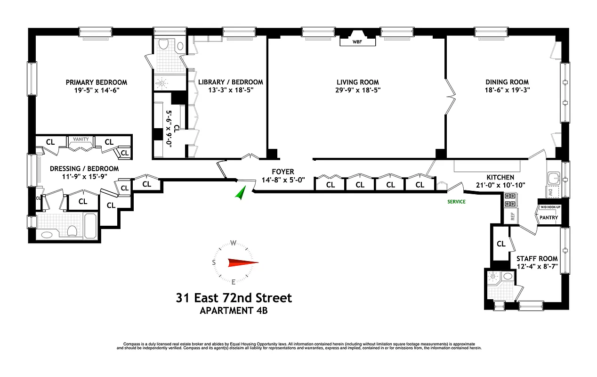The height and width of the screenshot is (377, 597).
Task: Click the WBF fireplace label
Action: pyautogui.click(x=358, y=42)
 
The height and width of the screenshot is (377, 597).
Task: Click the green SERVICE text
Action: pyautogui.click(x=456, y=202)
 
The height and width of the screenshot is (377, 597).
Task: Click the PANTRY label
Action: pyautogui.click(x=549, y=218)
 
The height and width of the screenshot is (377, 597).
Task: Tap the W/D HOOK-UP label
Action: pyautogui.click(x=549, y=207)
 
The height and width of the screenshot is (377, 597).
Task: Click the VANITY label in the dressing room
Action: pyautogui.click(x=81, y=139)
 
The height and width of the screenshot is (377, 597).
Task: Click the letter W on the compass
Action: pyautogui.click(x=234, y=244)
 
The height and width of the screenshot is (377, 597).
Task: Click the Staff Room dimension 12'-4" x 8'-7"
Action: pyautogui.click(x=537, y=266)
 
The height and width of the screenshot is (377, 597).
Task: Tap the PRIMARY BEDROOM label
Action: pyautogui.click(x=97, y=82)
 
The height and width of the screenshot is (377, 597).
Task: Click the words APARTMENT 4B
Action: pyautogui.click(x=234, y=311)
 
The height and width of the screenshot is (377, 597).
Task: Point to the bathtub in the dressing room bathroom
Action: pyautogui.click(x=90, y=226)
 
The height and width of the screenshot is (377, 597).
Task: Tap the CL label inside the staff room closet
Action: pyautogui.click(x=501, y=244)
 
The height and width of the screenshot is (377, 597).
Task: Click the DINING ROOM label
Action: pyautogui.click(x=507, y=82)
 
